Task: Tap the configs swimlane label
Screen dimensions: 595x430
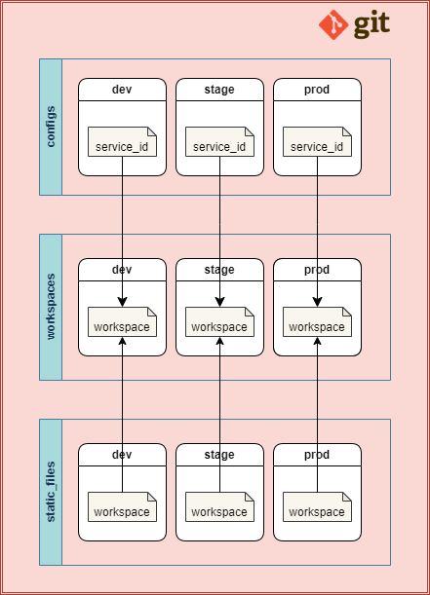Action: (x=51, y=128)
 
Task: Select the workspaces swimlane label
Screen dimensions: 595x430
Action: (x=51, y=307)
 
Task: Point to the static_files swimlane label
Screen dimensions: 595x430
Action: (x=51, y=492)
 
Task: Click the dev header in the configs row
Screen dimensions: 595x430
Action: (x=122, y=90)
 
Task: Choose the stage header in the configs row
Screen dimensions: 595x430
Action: (x=219, y=90)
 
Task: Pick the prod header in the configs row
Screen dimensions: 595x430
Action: (x=317, y=90)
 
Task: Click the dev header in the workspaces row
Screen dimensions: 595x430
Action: (x=122, y=270)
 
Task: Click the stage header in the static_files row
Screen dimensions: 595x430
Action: (x=219, y=455)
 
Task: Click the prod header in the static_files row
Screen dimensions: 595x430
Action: (x=317, y=455)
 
